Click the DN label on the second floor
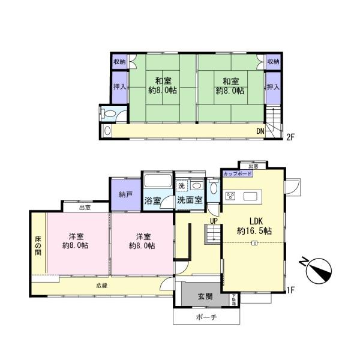(261, 131)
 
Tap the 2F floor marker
(290, 137)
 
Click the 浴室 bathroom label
(152, 201)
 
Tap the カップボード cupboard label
(237, 173)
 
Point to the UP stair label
(213, 220)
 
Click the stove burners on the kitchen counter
(231, 196)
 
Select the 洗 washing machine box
(181, 185)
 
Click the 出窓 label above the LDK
(253, 166)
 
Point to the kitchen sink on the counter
(251, 196)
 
